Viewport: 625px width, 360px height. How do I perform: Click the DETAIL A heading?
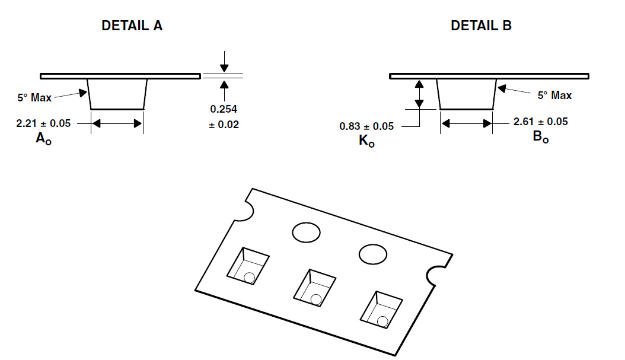point(132,26)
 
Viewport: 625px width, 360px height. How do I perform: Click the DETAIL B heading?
point(481,26)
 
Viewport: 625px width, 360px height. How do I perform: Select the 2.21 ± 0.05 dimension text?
point(43,123)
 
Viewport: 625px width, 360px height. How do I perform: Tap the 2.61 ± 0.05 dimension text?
point(540,122)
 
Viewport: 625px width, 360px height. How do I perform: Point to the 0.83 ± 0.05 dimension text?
point(366,126)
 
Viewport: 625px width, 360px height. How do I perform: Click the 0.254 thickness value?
point(224,109)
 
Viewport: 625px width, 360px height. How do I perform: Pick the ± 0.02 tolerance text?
point(224,125)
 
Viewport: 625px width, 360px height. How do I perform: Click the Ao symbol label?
point(43,139)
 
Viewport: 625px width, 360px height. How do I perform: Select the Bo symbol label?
point(540,137)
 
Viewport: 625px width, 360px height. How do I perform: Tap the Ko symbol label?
point(366,141)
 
